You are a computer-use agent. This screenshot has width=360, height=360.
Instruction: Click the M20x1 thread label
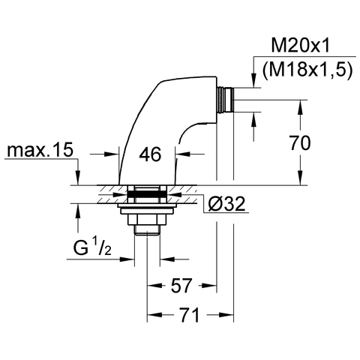(300, 46)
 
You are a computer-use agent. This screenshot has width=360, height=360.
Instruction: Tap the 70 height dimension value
(300, 142)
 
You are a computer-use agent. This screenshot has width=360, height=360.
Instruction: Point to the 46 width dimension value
(150, 154)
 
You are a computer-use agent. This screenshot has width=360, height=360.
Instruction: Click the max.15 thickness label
(40, 150)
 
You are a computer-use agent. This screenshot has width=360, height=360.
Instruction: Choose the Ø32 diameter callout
(226, 204)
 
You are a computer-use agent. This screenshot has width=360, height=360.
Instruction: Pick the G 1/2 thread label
(92, 247)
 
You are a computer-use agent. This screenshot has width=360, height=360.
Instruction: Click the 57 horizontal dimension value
(181, 285)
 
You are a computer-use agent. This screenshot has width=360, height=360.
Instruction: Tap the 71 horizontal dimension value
(189, 314)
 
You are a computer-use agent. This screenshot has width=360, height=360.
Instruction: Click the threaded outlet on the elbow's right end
(225, 100)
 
